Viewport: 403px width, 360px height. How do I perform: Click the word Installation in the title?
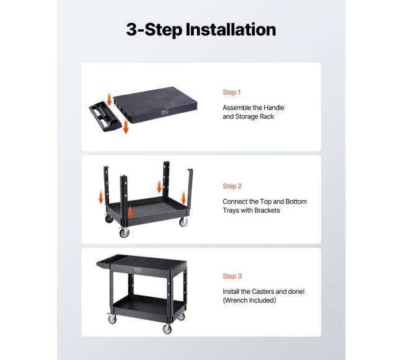point(231,29)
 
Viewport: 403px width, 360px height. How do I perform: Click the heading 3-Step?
point(154,30)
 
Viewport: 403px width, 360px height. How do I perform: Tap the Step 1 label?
point(232,92)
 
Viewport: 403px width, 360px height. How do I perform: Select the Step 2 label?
point(232,186)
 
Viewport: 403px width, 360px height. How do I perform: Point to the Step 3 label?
point(232,276)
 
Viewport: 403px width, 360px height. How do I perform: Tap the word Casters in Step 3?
point(263,291)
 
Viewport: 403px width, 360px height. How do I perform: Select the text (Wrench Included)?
point(249,300)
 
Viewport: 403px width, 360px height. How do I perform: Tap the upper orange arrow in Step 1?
point(109,100)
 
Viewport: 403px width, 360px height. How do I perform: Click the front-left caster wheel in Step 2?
point(124,232)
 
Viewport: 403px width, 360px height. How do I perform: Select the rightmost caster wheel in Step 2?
point(184,222)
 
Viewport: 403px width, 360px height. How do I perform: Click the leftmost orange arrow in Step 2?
point(100,198)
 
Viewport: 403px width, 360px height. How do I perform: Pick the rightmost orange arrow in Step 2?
point(184,198)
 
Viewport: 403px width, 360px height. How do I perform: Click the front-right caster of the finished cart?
point(167,328)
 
